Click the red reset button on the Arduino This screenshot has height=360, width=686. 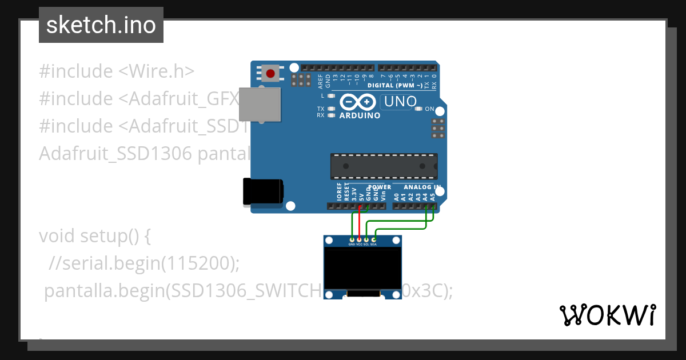tap(270, 73)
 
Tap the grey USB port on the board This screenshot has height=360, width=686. tap(260, 105)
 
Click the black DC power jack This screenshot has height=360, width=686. tap(262, 191)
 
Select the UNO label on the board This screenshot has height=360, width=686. tap(400, 102)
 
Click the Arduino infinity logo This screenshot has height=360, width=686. tap(358, 102)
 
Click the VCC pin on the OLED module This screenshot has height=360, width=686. tap(359, 239)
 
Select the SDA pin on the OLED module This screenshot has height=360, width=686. tap(373, 239)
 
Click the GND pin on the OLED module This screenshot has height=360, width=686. tap(352, 239)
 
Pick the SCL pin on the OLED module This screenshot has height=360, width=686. tap(366, 239)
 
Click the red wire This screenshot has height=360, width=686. tap(360, 220)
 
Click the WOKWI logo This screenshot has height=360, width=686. tap(607, 315)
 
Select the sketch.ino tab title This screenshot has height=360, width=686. tap(101, 25)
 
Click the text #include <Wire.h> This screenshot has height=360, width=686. tap(117, 71)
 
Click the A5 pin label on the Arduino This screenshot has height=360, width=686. tap(433, 196)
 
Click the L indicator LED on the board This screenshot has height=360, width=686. tap(331, 96)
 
